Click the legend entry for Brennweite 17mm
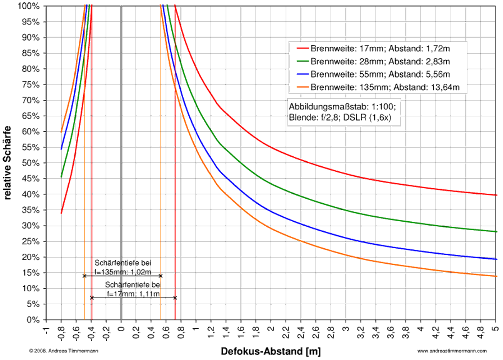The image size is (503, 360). pos(380,49)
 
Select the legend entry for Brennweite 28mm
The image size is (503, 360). pos(380,61)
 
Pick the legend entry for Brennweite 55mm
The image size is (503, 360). pos(380,74)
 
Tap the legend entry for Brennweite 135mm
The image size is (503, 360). pos(384,87)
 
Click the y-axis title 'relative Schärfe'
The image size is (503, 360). pos(7,163)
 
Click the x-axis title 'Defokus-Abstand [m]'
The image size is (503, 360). pos(271,351)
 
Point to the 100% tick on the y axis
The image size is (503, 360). pos(29,6)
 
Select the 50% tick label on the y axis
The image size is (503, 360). pos(31,163)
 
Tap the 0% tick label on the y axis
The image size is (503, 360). pos(33,320)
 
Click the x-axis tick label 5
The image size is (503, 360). pos(495,328)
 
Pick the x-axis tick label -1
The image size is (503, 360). pos(46,330)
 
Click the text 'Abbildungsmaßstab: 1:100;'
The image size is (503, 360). pos(342,107)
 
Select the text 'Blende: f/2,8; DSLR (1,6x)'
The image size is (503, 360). pos(340,117)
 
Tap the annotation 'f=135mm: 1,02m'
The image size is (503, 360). pos(123,272)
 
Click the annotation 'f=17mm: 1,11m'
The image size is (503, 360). pos(133,294)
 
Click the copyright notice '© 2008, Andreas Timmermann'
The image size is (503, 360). pos(64,351)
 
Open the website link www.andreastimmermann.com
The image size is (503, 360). pos(452,351)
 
